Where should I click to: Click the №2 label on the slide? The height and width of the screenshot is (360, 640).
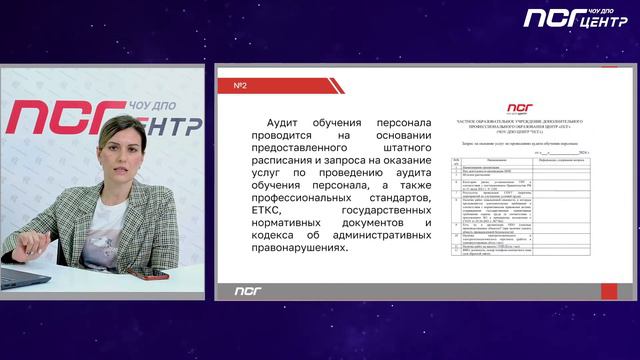(x=240, y=86)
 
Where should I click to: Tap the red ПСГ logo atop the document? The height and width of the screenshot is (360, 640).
(x=519, y=107)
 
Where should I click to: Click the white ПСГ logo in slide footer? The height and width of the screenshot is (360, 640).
(x=247, y=291)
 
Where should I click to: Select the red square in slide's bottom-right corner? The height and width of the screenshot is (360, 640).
(x=609, y=290)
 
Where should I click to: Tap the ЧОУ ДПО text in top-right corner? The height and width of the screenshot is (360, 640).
(x=590, y=10)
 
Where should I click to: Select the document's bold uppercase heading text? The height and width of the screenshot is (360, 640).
(x=519, y=123)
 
